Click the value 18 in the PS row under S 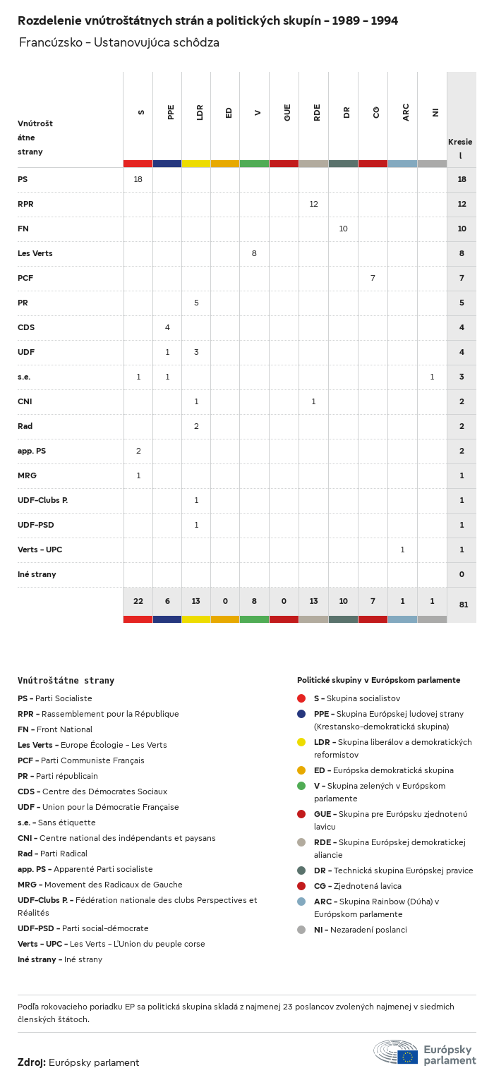[138, 179]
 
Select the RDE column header [318, 112]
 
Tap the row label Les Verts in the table [35, 253]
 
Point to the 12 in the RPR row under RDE [313, 204]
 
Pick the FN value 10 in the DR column [343, 229]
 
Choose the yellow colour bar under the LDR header [196, 164]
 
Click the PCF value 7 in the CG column [373, 278]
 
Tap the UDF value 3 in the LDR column [196, 352]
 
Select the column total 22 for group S [138, 601]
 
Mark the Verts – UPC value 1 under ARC [402, 550]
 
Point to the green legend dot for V [301, 786]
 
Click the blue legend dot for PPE [301, 714]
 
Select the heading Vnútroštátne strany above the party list [66, 681]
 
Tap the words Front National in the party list [64, 729]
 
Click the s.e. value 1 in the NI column [432, 377]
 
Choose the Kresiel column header [460, 148]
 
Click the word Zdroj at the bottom [32, 1062]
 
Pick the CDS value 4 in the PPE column [167, 327]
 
